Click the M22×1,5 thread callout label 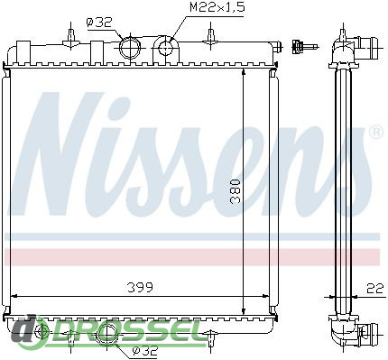(217, 7)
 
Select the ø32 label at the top (99, 23)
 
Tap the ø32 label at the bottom (145, 350)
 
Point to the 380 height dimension (235, 191)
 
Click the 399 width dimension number (140, 288)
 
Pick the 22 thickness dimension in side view (375, 288)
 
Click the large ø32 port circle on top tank (130, 48)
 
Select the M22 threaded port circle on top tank (164, 49)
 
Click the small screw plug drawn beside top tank (304, 47)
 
